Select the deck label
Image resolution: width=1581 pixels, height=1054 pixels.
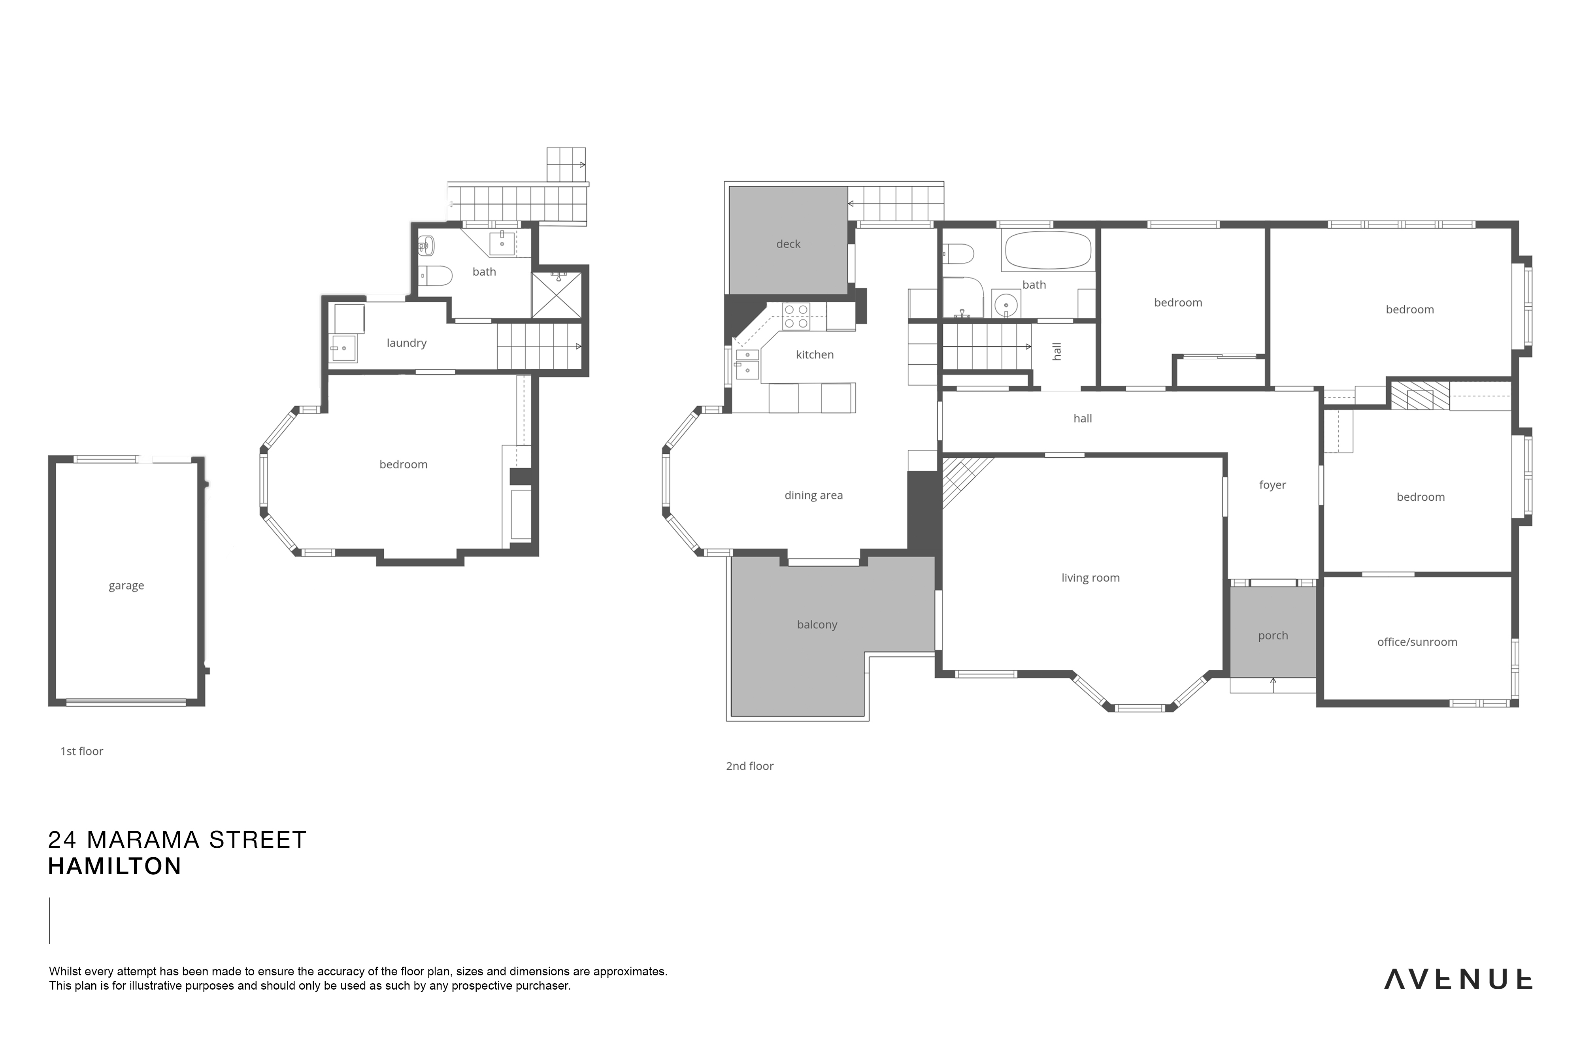(x=789, y=244)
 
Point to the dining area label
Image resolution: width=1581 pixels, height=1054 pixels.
(x=813, y=496)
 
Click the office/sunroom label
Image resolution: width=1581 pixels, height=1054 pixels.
(x=1417, y=642)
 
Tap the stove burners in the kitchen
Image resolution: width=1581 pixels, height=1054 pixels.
(x=796, y=317)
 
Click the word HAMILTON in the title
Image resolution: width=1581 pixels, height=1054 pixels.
(x=115, y=866)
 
